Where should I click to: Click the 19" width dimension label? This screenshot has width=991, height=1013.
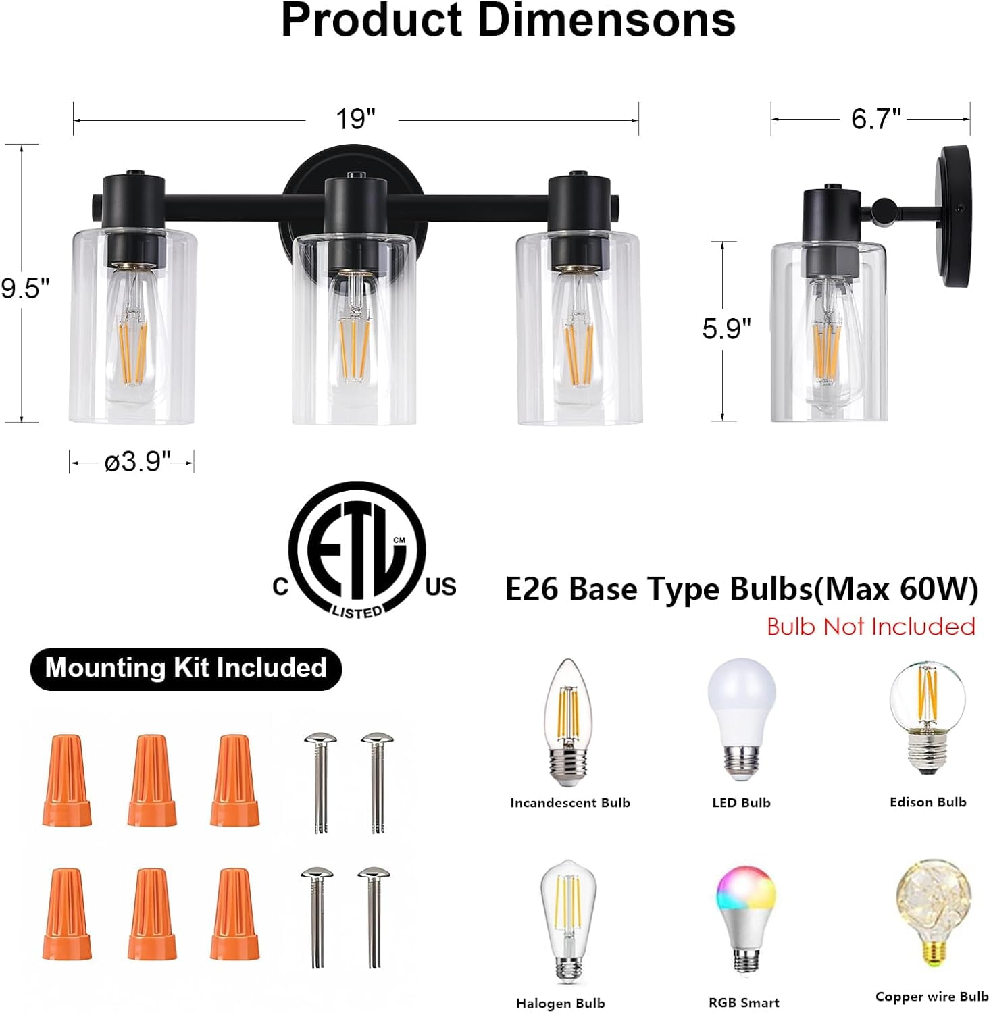click(355, 120)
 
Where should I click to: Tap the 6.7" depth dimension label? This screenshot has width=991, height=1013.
click(875, 119)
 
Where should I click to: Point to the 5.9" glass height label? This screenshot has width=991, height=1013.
click(726, 328)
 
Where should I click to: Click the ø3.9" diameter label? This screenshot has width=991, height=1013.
click(137, 463)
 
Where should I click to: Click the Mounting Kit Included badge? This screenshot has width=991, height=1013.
click(186, 668)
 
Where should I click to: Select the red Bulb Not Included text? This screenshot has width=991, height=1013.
click(871, 627)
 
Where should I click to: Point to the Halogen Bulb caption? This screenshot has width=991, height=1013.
click(560, 1003)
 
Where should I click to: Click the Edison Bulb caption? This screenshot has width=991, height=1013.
click(928, 802)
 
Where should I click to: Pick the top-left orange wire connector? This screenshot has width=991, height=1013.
click(66, 780)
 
